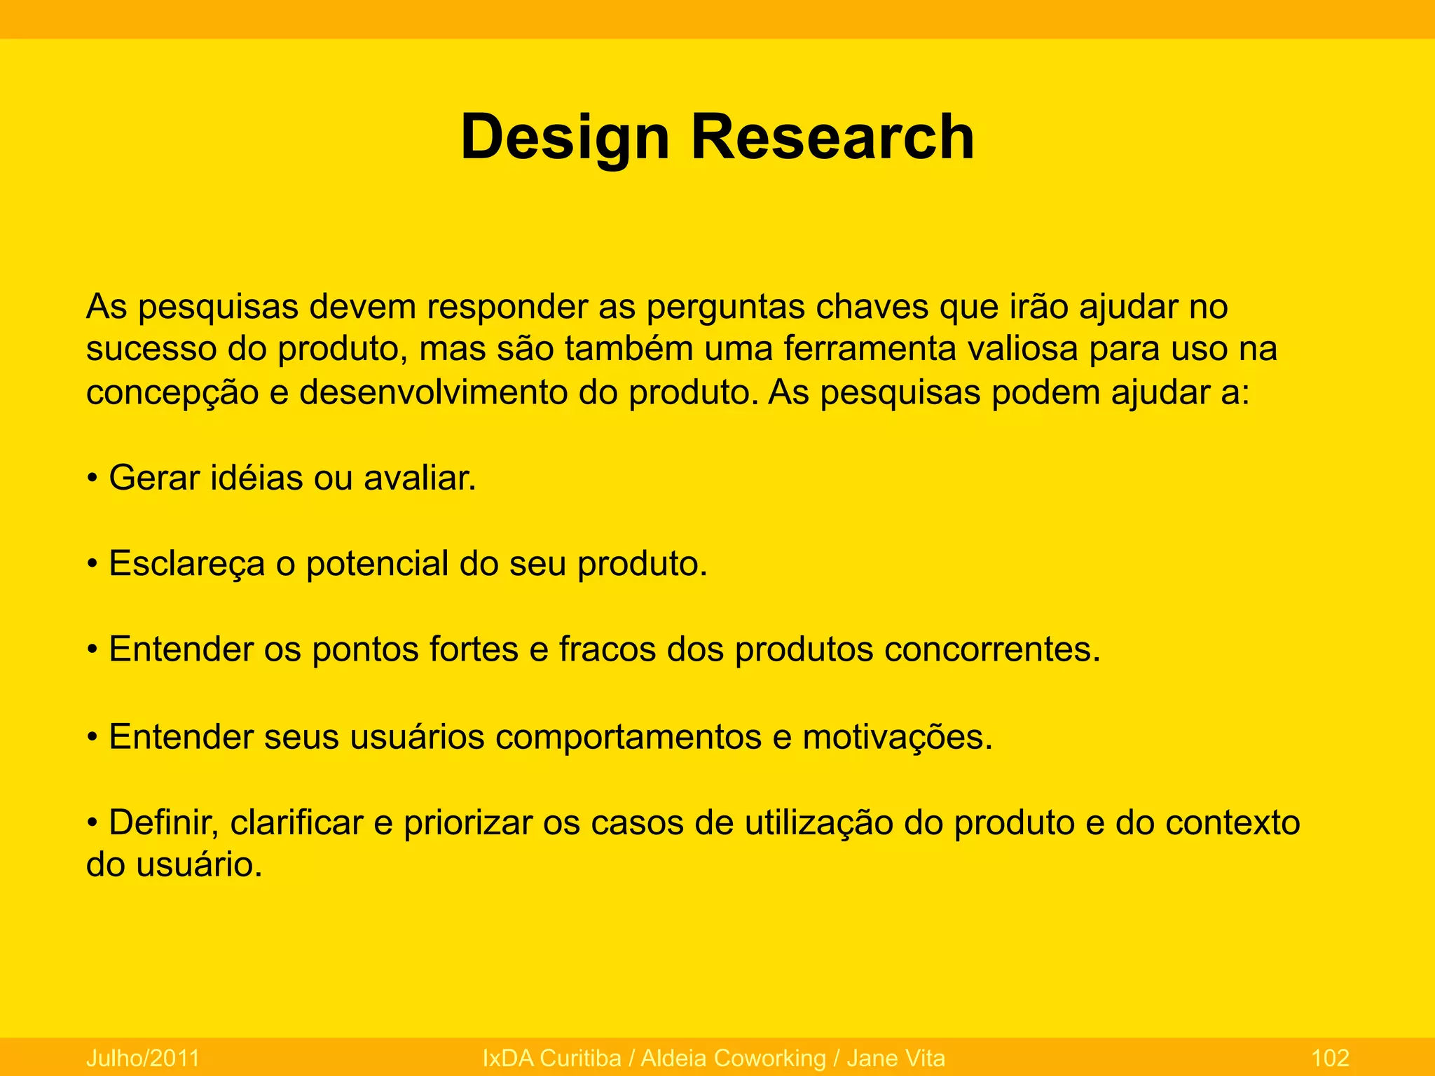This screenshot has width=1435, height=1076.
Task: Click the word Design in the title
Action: pyautogui.click(x=565, y=138)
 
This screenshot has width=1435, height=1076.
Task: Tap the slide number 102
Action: pyautogui.click(x=1329, y=1058)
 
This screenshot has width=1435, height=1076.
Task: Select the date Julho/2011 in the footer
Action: pyautogui.click(x=143, y=1058)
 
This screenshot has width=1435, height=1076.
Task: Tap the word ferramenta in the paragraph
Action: pyautogui.click(x=869, y=350)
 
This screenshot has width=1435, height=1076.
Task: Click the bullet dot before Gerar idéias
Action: pyautogui.click(x=92, y=480)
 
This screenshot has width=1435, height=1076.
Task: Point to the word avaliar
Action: pyautogui.click(x=420, y=478)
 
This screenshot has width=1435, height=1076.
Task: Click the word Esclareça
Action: pyautogui.click(x=187, y=565)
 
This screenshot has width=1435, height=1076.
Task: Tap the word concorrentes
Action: pyautogui.click(x=992, y=650)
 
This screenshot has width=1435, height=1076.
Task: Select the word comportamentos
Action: pyautogui.click(x=629, y=738)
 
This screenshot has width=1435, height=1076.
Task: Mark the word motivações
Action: pyautogui.click(x=898, y=738)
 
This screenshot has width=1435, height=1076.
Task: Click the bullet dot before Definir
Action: pyautogui.click(x=92, y=824)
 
